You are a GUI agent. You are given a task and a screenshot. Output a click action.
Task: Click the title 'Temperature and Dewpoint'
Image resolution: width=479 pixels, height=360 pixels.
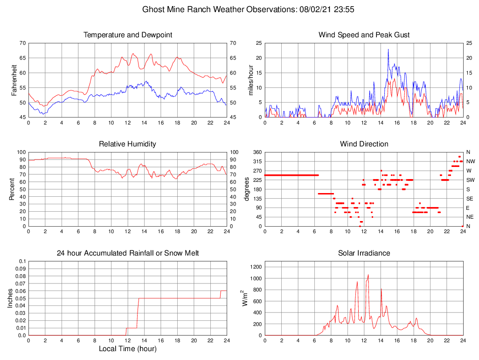click(x=127, y=35)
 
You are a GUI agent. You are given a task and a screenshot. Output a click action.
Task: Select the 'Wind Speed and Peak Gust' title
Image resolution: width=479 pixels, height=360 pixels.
click(x=364, y=35)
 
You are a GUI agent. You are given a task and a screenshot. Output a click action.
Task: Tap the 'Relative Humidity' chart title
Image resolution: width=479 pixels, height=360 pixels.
click(x=127, y=144)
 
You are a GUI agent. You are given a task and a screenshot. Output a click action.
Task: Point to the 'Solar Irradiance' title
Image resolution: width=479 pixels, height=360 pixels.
click(x=364, y=253)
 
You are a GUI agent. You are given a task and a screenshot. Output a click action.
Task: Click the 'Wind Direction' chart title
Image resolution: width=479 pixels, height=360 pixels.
click(x=364, y=144)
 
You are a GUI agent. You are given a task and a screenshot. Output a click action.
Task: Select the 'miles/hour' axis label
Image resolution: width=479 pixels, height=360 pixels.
click(x=251, y=80)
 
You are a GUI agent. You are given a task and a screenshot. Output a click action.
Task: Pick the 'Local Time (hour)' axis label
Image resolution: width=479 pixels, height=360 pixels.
click(x=127, y=348)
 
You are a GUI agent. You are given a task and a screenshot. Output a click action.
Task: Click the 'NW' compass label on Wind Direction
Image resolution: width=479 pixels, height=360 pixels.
click(x=470, y=161)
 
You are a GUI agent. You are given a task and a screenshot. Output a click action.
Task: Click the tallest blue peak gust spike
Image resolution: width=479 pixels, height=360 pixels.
click(x=388, y=49)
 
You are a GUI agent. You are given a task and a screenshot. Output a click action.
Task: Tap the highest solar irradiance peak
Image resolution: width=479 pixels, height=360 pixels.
click(x=368, y=275)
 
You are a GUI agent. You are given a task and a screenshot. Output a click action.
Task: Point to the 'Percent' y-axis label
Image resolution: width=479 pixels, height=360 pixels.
click(x=11, y=189)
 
